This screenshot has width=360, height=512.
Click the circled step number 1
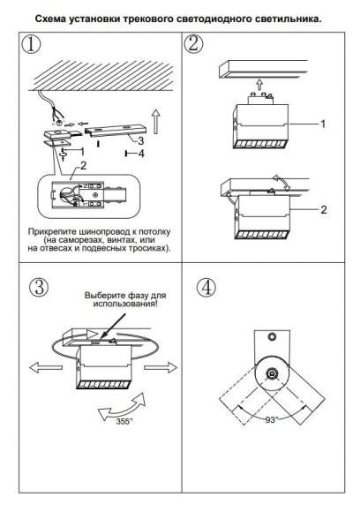(32, 44)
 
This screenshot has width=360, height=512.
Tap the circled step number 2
(193, 44)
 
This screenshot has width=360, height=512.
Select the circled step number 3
(39, 288)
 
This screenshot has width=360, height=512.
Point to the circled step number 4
(206, 288)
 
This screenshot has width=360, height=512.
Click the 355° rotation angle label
(124, 421)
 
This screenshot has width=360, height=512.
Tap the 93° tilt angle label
(271, 420)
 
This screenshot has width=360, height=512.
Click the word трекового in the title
(148, 19)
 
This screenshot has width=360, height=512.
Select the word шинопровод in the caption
(104, 232)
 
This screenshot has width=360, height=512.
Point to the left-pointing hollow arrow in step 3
(46, 367)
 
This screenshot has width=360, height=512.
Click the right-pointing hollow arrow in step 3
(161, 367)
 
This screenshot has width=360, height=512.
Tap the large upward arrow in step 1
(156, 122)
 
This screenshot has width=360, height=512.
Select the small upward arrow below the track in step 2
(259, 85)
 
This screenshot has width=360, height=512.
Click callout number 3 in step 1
(140, 140)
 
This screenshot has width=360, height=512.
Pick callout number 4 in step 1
(141, 153)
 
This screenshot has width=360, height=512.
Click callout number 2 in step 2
(324, 209)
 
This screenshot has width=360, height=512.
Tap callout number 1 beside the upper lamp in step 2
(323, 124)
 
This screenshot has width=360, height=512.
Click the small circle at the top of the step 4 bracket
(272, 336)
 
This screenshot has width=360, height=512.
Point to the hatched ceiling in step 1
(101, 75)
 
